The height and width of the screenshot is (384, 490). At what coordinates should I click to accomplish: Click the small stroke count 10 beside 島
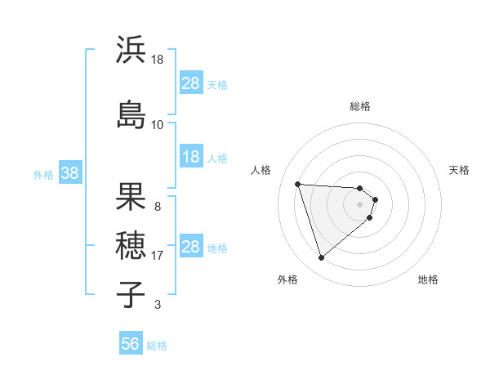(x=157, y=124)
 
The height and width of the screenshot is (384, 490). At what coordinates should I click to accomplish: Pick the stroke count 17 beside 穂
(x=157, y=255)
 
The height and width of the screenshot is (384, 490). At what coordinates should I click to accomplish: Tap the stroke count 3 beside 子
(x=157, y=305)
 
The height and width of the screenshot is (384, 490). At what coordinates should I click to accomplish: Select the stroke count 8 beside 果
(x=157, y=206)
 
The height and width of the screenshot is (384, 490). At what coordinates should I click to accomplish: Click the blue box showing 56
(x=131, y=344)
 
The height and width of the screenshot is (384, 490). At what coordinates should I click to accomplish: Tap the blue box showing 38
(x=69, y=173)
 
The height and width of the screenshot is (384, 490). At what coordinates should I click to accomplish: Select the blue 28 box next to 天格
(x=191, y=83)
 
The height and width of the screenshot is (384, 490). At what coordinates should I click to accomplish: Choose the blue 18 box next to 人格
(x=191, y=157)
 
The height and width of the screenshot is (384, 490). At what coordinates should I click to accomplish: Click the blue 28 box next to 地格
(x=191, y=247)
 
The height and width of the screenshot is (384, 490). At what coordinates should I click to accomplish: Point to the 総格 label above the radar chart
(x=360, y=106)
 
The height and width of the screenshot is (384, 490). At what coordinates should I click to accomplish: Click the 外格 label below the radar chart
(x=287, y=279)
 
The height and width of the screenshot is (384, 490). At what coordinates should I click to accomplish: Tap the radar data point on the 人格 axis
(x=298, y=184)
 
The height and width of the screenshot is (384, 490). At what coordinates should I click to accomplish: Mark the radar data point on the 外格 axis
(x=321, y=258)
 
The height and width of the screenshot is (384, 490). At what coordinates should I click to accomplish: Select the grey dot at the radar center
(x=360, y=203)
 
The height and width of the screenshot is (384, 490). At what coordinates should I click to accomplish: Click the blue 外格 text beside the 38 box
(x=43, y=174)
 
